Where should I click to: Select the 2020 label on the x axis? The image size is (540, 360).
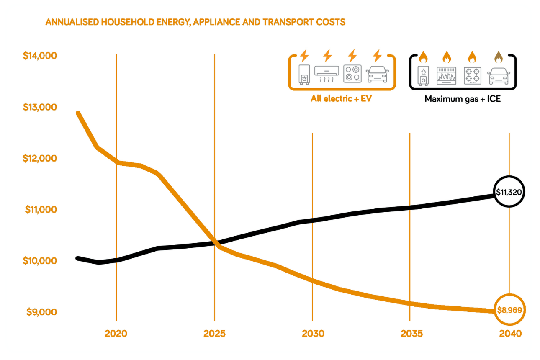coord(116,334)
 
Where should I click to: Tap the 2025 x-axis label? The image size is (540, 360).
coord(214,334)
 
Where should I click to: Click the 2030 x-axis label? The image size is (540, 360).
coord(312,334)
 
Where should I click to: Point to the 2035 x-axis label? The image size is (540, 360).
coord(410,334)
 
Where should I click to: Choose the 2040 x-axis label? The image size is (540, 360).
coord(510,334)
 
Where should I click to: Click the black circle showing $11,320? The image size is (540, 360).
coord(509,192)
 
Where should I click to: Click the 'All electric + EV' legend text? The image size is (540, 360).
coord(341,99)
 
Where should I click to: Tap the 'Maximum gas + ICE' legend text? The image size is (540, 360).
coord(463,99)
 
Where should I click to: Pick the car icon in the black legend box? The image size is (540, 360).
coord(499,76)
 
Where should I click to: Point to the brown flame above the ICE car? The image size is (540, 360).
coord(498,56)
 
